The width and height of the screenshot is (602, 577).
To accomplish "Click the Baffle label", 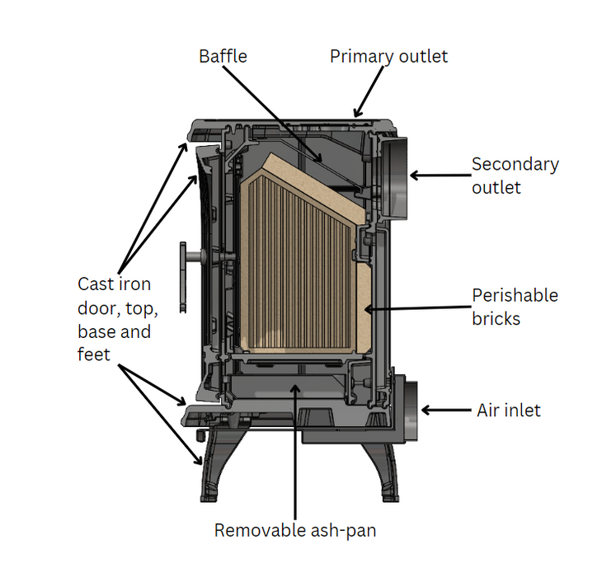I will point(223,57).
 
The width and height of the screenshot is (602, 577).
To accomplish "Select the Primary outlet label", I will point(388,57).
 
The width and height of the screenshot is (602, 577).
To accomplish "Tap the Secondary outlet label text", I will point(515,176).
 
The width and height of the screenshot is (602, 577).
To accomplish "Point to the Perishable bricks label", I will point(515,306).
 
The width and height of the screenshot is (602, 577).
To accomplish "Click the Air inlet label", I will point(509,410).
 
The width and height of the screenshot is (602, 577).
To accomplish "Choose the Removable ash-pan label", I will point(295,530).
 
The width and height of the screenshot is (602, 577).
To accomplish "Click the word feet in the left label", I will point(93,355).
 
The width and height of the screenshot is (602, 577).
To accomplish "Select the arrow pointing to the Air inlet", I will point(446,410).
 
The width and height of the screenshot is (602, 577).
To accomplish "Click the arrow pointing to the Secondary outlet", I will point(438,175).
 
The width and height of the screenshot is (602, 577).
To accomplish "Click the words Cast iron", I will point(114,284).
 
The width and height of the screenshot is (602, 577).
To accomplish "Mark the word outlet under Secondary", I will point(496,187).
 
